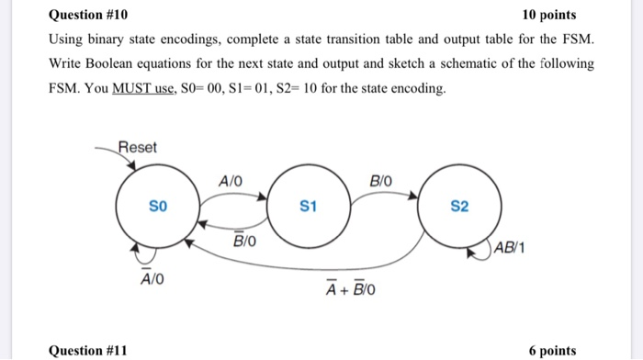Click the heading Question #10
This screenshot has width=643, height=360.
pyautogui.click(x=88, y=16)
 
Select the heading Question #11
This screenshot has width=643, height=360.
pyautogui.click(x=88, y=350)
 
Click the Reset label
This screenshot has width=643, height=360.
pyautogui.click(x=138, y=148)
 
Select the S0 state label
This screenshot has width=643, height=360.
pyautogui.click(x=158, y=206)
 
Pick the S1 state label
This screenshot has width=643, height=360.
pyautogui.click(x=309, y=207)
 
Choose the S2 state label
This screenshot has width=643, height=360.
pyautogui.click(x=460, y=207)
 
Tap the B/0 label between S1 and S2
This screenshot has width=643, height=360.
pyautogui.click(x=381, y=180)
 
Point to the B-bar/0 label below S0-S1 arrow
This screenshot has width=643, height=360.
pyautogui.click(x=245, y=241)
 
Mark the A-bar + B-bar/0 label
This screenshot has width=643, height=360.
pyautogui.click(x=350, y=290)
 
